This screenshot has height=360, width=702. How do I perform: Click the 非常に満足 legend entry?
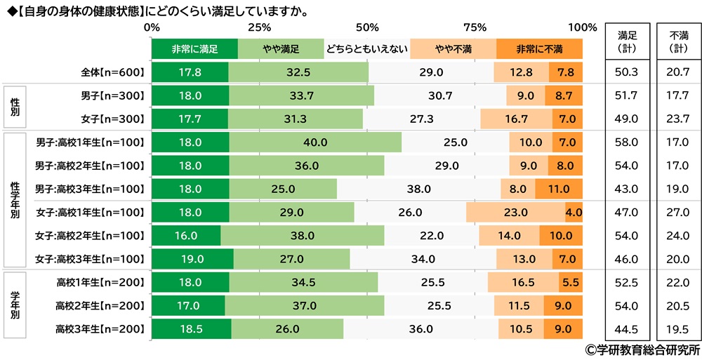click(x=194, y=49)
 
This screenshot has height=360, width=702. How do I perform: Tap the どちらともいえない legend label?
click(x=366, y=49)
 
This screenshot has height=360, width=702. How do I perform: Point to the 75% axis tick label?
click(x=475, y=28)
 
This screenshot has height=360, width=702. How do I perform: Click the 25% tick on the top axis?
click(x=259, y=28)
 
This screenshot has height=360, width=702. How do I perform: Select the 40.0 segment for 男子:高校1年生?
click(x=315, y=142)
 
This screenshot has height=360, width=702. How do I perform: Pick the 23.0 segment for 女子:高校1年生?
click(x=515, y=212)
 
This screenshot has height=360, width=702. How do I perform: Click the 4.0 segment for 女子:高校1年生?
click(x=574, y=212)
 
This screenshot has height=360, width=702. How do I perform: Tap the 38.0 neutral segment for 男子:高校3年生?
click(x=418, y=189)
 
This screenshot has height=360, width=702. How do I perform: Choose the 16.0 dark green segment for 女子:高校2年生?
click(x=186, y=236)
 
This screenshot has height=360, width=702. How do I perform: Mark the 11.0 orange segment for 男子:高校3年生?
click(x=559, y=189)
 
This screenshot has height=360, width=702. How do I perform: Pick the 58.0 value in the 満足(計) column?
click(x=627, y=142)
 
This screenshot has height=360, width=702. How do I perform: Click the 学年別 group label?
click(x=15, y=306)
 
